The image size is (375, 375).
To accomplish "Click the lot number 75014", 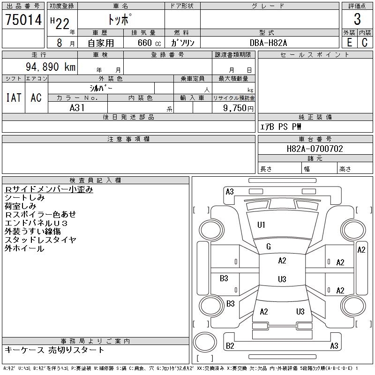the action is [x=23, y=20].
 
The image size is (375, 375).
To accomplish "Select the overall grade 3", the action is [x=357, y=19].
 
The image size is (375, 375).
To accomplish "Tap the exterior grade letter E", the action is [x=349, y=43].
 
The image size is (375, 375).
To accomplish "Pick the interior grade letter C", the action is [x=365, y=43].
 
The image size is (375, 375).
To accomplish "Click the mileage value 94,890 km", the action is [x=51, y=67].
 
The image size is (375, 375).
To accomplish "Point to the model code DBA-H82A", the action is [x=268, y=43].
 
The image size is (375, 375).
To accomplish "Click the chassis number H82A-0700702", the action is [x=315, y=149].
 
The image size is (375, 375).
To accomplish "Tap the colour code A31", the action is [x=77, y=108].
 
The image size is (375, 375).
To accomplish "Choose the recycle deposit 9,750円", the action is [x=238, y=108].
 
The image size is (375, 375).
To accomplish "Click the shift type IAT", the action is [x=14, y=97].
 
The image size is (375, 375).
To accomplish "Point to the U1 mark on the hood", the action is [x=261, y=225].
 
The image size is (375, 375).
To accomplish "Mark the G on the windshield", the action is [x=269, y=247].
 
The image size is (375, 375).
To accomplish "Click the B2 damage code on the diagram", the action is [x=230, y=346].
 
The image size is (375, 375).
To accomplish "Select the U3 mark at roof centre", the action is [x=282, y=279].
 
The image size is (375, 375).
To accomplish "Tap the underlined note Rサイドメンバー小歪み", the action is [x=49, y=189].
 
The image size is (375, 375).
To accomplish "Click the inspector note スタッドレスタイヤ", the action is [x=40, y=240].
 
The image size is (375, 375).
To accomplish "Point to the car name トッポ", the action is [x=120, y=19].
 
